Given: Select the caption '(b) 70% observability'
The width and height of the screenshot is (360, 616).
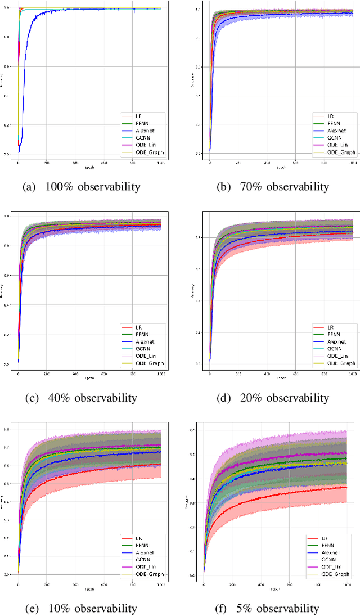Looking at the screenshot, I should [x=273, y=187].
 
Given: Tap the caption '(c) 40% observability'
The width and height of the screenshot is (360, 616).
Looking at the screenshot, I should [x=81, y=398].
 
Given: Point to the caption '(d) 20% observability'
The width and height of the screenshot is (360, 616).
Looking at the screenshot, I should [x=273, y=398].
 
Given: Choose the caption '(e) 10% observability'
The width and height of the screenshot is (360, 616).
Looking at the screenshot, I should [x=81, y=608].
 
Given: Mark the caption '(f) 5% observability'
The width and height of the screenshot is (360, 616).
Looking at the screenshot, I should [x=273, y=608].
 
